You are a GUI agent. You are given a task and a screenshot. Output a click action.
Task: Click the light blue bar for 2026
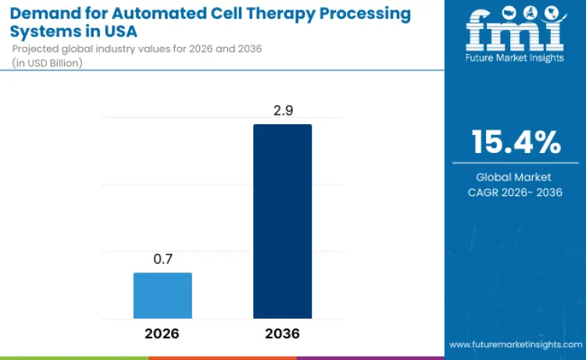[x=163, y=295]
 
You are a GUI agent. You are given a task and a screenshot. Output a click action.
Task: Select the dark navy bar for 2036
[x=282, y=221]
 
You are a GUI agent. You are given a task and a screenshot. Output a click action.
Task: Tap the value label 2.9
[x=282, y=112]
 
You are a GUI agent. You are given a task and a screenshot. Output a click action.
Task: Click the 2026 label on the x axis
[x=163, y=333]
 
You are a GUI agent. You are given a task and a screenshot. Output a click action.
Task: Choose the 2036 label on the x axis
[x=282, y=333]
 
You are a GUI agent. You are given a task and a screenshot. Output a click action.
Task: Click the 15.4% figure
[x=515, y=142]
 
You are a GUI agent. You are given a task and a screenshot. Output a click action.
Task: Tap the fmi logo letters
[x=515, y=33]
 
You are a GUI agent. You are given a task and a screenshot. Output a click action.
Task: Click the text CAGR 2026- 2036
[x=515, y=192]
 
